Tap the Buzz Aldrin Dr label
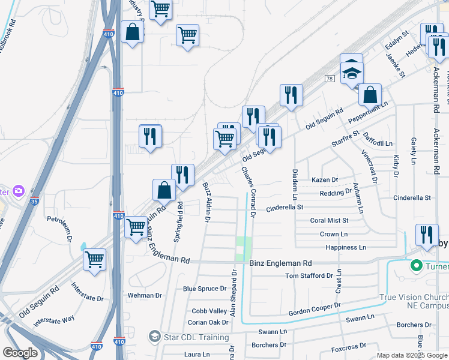(206, 203)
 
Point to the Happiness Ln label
(345, 247)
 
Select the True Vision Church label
(414, 298)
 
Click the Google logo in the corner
(20, 353)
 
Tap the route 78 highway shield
(329, 79)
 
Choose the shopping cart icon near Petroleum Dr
(95, 260)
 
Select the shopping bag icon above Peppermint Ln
(370, 94)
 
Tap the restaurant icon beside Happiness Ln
(427, 235)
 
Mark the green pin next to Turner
(415, 265)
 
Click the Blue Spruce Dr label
(205, 289)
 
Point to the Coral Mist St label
(330, 220)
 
